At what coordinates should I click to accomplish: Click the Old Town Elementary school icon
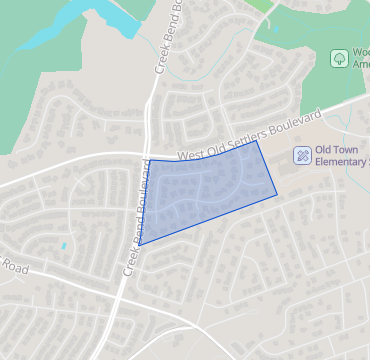click(301, 156)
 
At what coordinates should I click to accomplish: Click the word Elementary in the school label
click(341, 162)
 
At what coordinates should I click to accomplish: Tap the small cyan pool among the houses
click(63, 245)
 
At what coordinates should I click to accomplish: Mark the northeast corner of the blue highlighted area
click(257, 141)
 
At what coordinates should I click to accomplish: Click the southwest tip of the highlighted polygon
click(138, 245)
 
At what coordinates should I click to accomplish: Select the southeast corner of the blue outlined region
click(278, 192)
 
